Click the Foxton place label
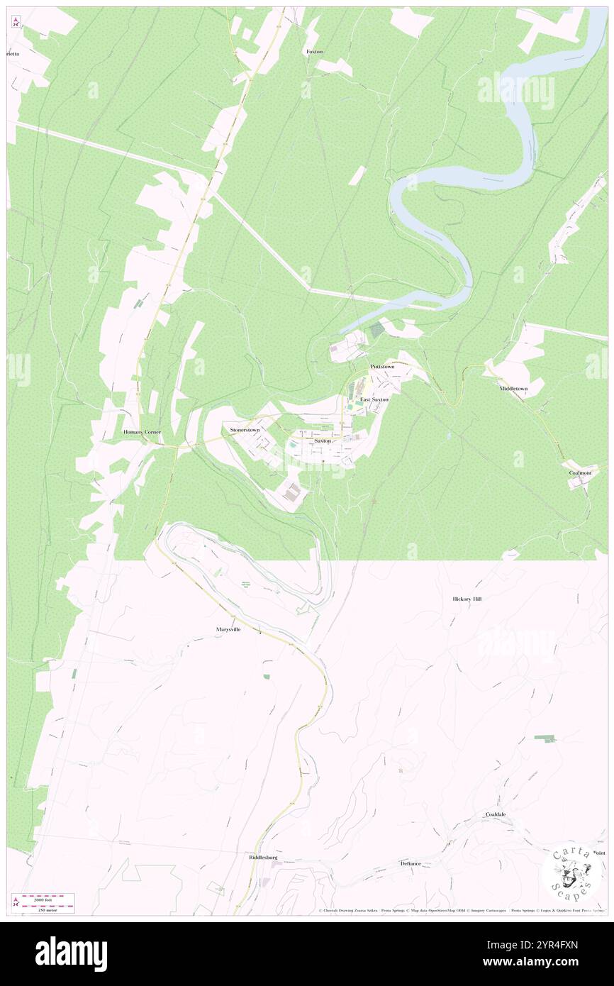tap(314, 52)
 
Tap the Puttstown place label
tap(381, 367)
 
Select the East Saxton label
tap(374, 400)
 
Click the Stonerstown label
tap(245, 430)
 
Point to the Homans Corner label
tap(143, 432)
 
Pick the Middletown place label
tap(513, 389)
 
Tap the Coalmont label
tap(579, 472)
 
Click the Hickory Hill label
tap(467, 599)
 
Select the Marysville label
tap(229, 629)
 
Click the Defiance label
tap(410, 864)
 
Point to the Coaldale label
tap(496, 814)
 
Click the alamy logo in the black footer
tap(71, 953)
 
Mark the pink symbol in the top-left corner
tap(16, 21)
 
